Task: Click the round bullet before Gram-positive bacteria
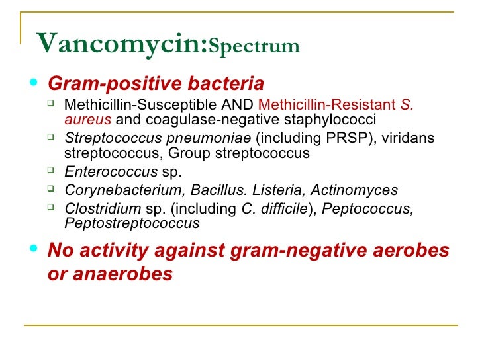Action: pyautogui.click(x=34, y=83)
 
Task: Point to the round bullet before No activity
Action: pyautogui.click(x=34, y=250)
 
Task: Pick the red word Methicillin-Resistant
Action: pyautogui.click(x=326, y=105)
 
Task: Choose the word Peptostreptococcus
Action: pyautogui.click(x=132, y=223)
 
